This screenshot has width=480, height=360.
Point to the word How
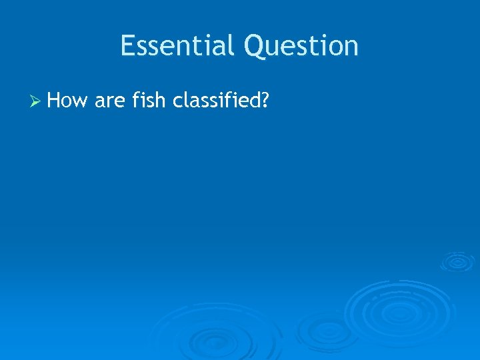[69, 101]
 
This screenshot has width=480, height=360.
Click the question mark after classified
[265, 101]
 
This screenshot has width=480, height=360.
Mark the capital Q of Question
[255, 47]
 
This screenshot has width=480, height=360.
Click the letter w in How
[82, 102]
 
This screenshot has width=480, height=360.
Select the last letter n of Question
[351, 47]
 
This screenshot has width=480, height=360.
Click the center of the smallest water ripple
[457, 261]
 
